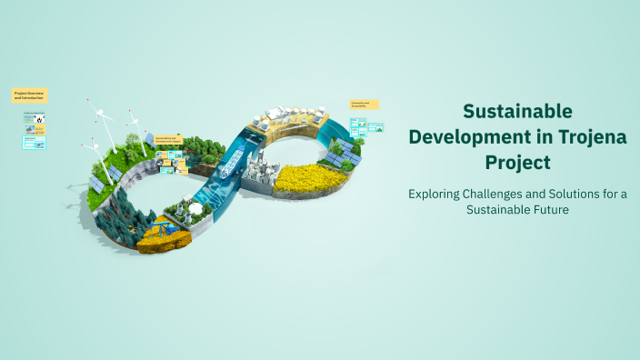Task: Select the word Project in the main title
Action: [x=517, y=164]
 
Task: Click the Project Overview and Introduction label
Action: [x=29, y=95]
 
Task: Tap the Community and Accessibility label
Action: [x=364, y=105]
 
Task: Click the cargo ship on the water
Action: [x=229, y=164]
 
